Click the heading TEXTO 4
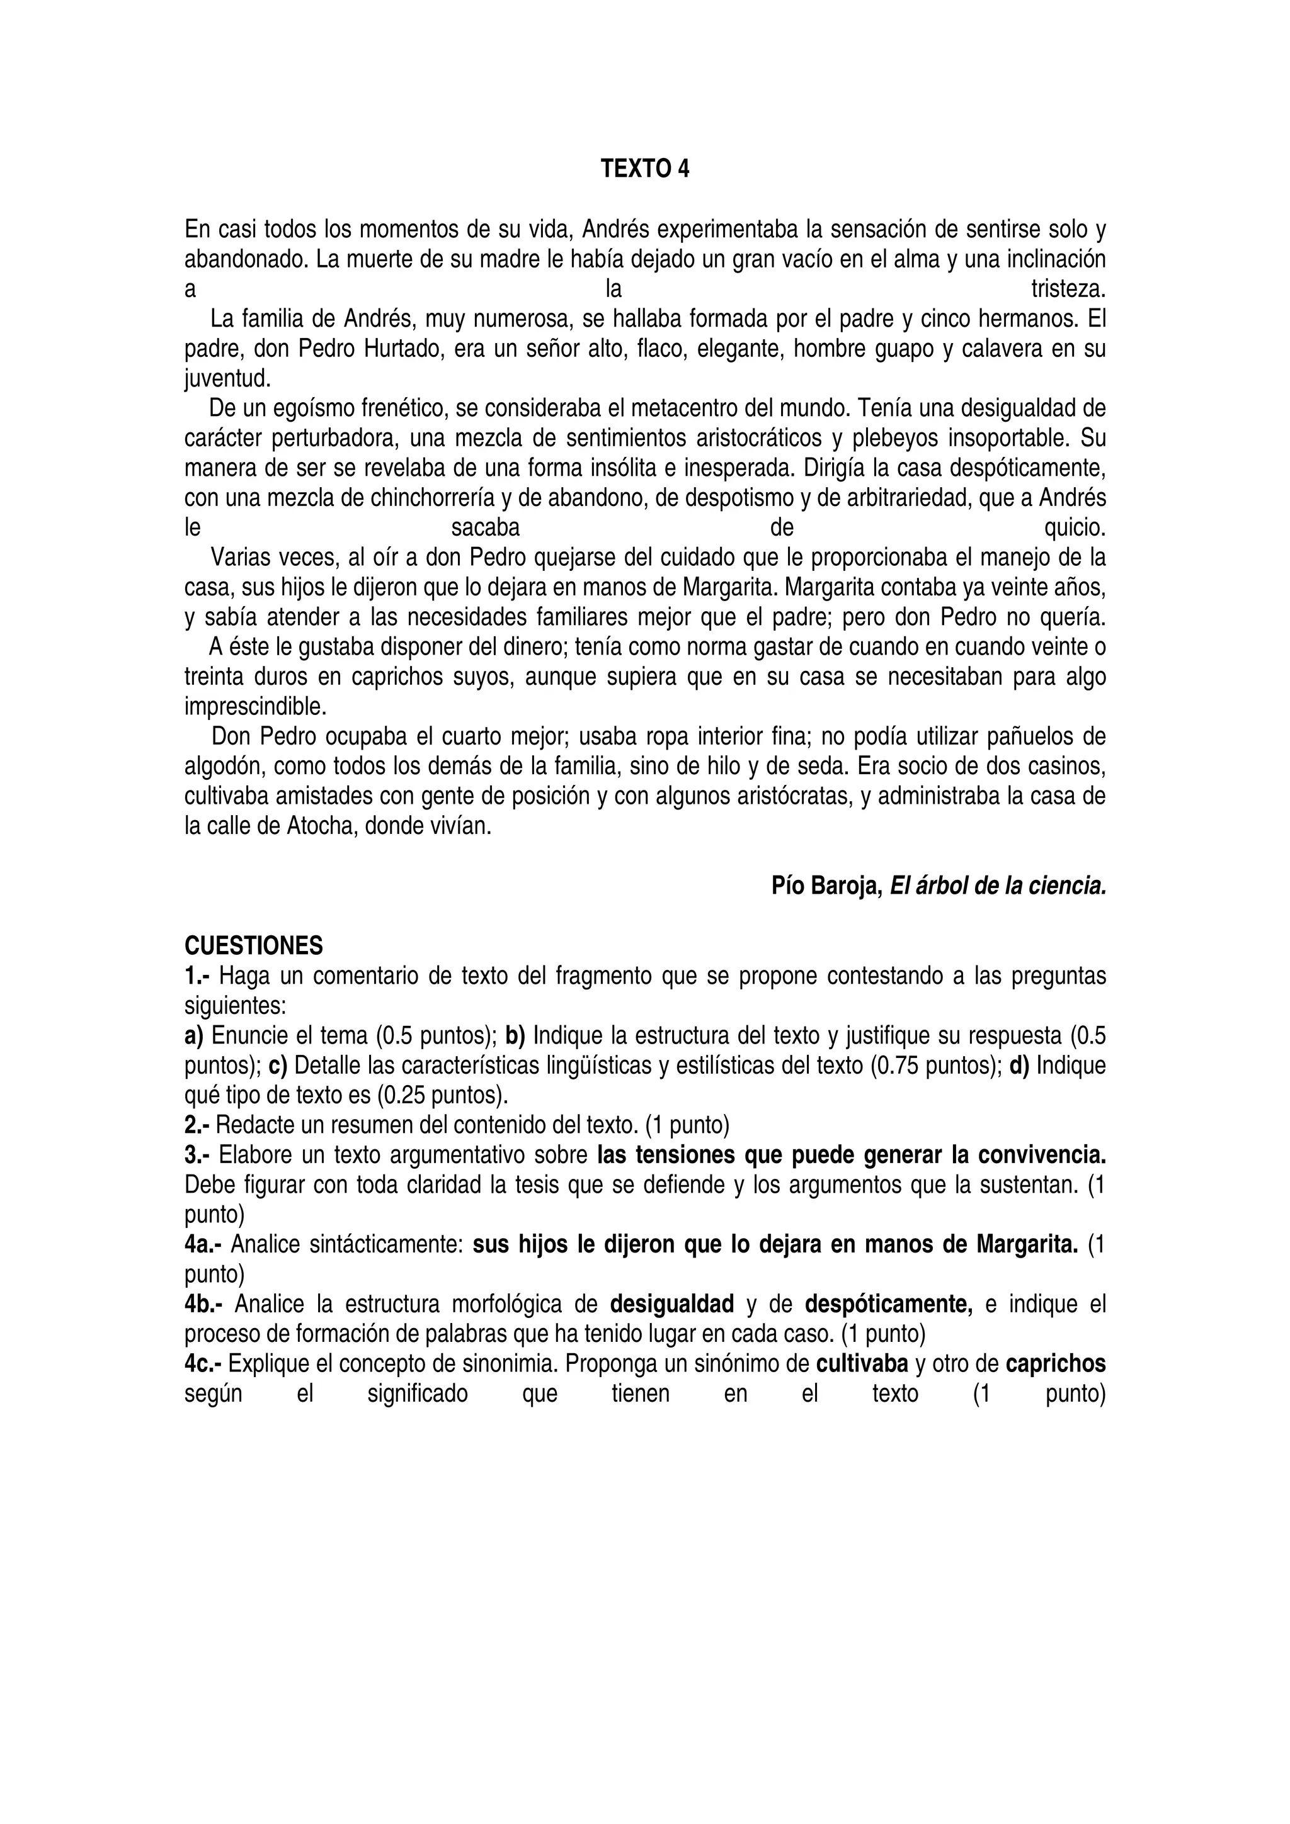pyautogui.click(x=644, y=169)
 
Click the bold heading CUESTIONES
pyautogui.click(x=254, y=946)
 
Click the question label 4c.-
pyautogui.click(x=203, y=1364)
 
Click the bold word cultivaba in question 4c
pyautogui.click(x=862, y=1364)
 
